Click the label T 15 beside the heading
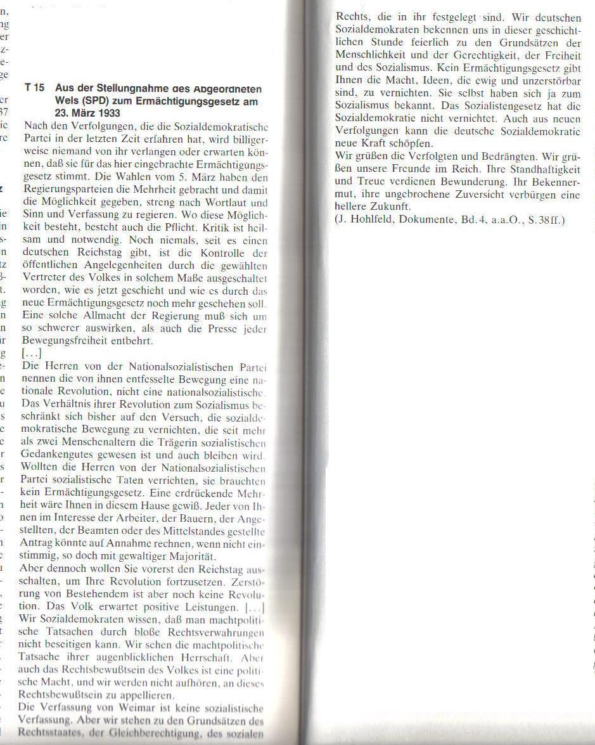click(34, 88)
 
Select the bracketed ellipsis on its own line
click(32, 354)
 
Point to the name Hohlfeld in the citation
click(374, 220)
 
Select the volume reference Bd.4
click(475, 220)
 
